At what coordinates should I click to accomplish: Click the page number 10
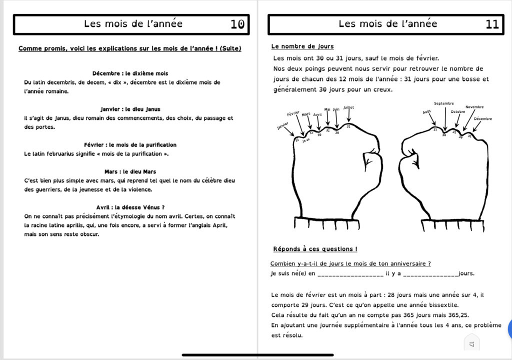[x=237, y=24]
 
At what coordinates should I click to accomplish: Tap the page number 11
[x=492, y=24]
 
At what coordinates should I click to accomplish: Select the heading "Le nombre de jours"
[x=302, y=46]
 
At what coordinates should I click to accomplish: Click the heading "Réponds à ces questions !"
[x=315, y=249]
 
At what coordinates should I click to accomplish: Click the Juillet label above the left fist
[x=348, y=107]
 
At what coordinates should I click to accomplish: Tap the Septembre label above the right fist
[x=444, y=103]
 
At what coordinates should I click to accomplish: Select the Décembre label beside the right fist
[x=482, y=119]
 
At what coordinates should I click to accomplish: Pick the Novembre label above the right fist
[x=474, y=107]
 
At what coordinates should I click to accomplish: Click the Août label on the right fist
[x=426, y=112]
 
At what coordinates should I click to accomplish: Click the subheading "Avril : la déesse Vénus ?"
[x=130, y=207]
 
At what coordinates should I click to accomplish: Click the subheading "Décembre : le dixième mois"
[x=130, y=73]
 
